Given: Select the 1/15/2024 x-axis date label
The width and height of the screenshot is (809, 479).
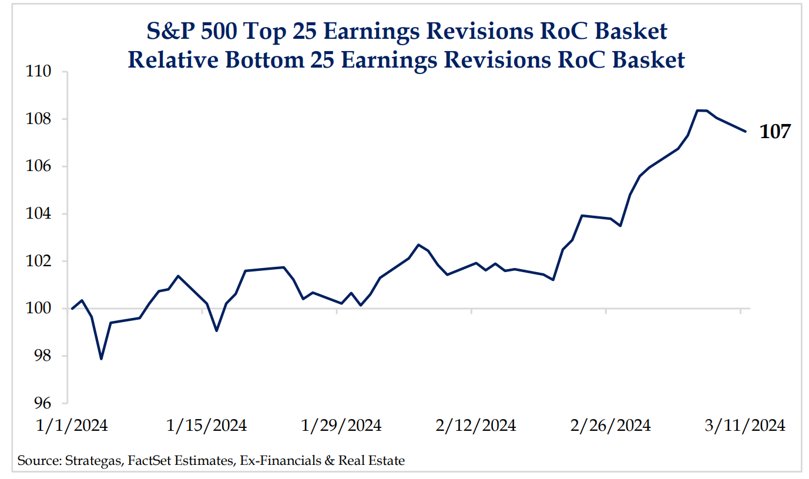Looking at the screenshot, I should click(207, 426).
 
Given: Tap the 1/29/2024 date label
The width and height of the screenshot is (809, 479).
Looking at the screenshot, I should click(341, 426).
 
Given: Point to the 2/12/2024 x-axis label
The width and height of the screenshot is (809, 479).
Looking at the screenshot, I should click(476, 426).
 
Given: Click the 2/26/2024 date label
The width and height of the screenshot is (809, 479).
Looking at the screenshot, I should click(610, 426).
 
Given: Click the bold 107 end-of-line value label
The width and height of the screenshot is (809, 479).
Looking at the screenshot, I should click(776, 132).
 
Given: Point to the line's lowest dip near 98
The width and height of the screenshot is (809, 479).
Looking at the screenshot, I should click(101, 359).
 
